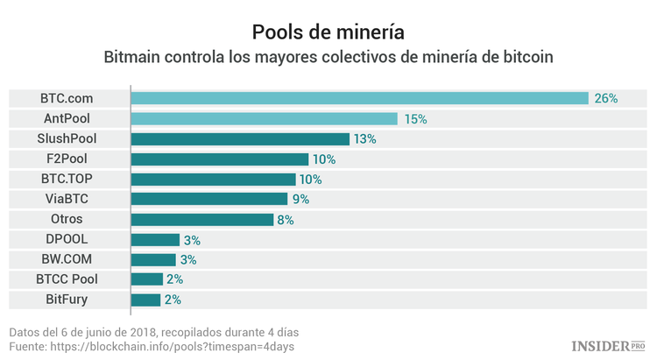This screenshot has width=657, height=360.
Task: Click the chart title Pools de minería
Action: [x=328, y=32]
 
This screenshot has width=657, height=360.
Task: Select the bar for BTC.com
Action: [x=359, y=98]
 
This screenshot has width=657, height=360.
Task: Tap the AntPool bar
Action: [x=264, y=118]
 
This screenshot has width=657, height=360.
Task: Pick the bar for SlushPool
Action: [x=240, y=138]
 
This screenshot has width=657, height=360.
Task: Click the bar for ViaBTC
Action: [x=208, y=199]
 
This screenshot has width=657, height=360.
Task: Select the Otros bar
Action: [x=201, y=219]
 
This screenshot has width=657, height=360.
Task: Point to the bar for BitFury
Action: [x=145, y=300]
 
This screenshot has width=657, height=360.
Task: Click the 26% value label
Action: [x=606, y=98]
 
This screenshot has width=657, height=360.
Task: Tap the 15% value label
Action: [x=414, y=118]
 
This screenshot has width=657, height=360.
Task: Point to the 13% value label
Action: [x=365, y=138]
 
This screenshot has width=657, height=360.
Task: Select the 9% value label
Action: [x=300, y=199]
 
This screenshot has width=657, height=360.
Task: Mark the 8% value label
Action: [x=285, y=219]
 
